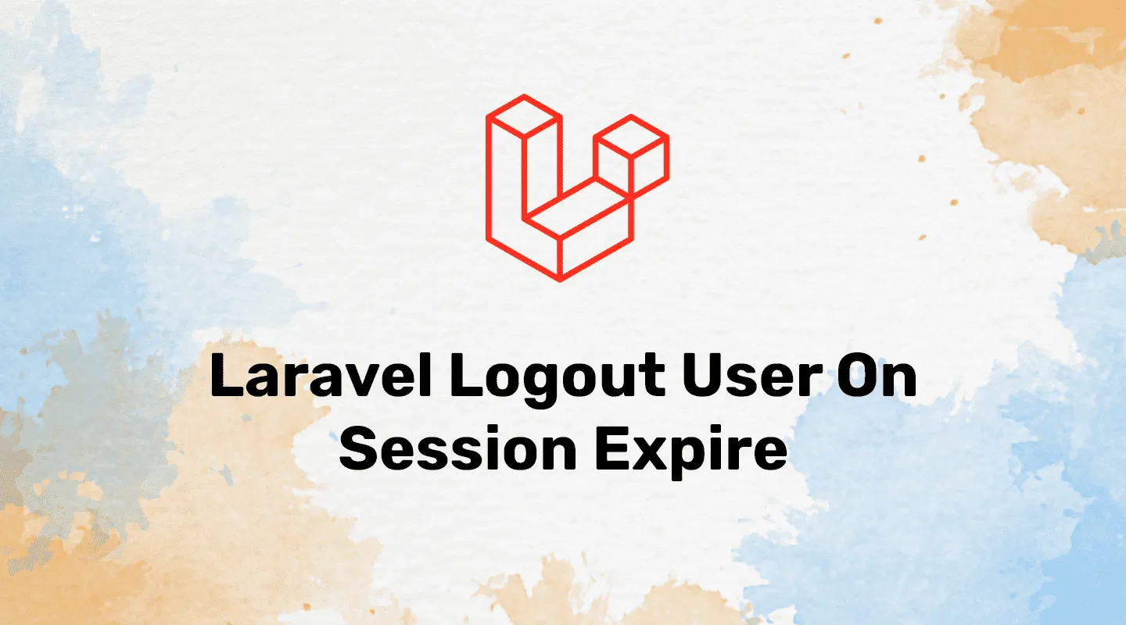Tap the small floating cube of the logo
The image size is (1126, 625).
coord(631,155)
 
